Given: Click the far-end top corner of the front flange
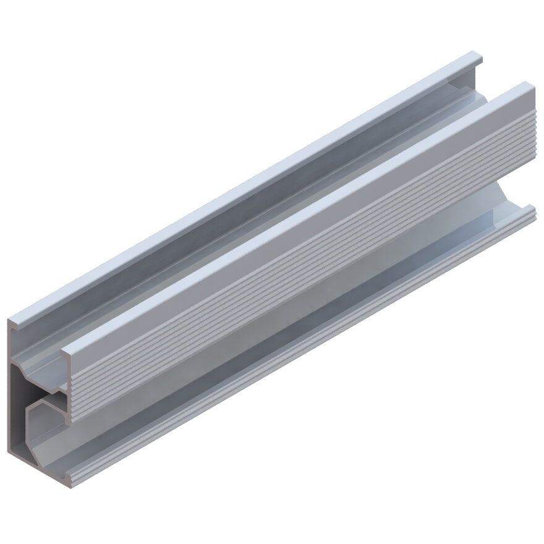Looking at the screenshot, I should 532,86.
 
